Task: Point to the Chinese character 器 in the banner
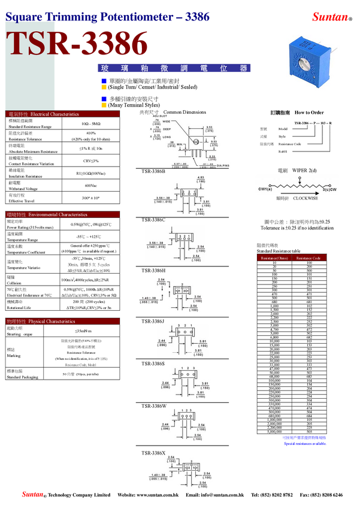243,68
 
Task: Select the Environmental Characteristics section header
58,215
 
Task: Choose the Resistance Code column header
308,258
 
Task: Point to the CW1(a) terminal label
265,190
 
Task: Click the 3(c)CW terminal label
331,190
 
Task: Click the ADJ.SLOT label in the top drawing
158,116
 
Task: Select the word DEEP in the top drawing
167,129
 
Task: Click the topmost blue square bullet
104,80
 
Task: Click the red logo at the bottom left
33,494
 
